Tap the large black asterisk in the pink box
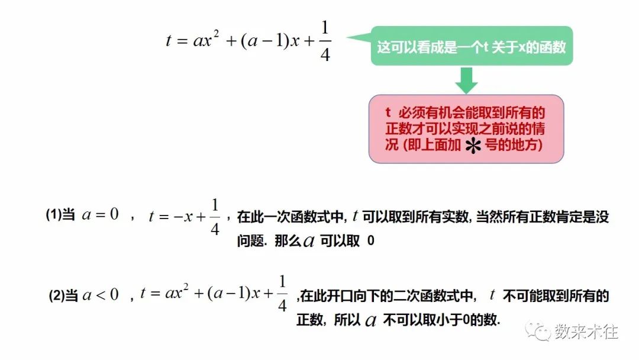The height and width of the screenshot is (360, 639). (472, 148)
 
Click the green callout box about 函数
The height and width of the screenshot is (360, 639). (471, 46)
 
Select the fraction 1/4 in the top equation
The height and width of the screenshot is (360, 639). (325, 42)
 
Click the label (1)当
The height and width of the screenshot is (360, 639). (60, 216)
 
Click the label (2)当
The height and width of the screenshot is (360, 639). (63, 294)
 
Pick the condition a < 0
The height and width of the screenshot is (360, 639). (101, 294)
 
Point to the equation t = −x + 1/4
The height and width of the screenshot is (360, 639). (184, 217)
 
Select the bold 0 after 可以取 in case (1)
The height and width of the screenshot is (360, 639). (371, 242)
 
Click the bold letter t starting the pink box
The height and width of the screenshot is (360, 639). (389, 112)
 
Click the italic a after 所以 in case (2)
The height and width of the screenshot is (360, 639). (371, 321)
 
